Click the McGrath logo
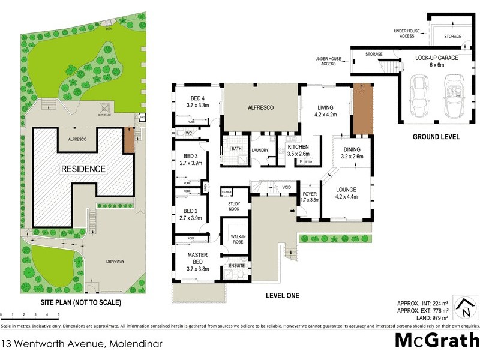point(437,341)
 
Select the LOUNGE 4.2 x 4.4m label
point(347,194)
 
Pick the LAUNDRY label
point(260,150)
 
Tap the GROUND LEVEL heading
point(436,137)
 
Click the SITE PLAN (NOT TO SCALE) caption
point(80,303)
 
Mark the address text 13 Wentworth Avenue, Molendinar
point(70,344)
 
